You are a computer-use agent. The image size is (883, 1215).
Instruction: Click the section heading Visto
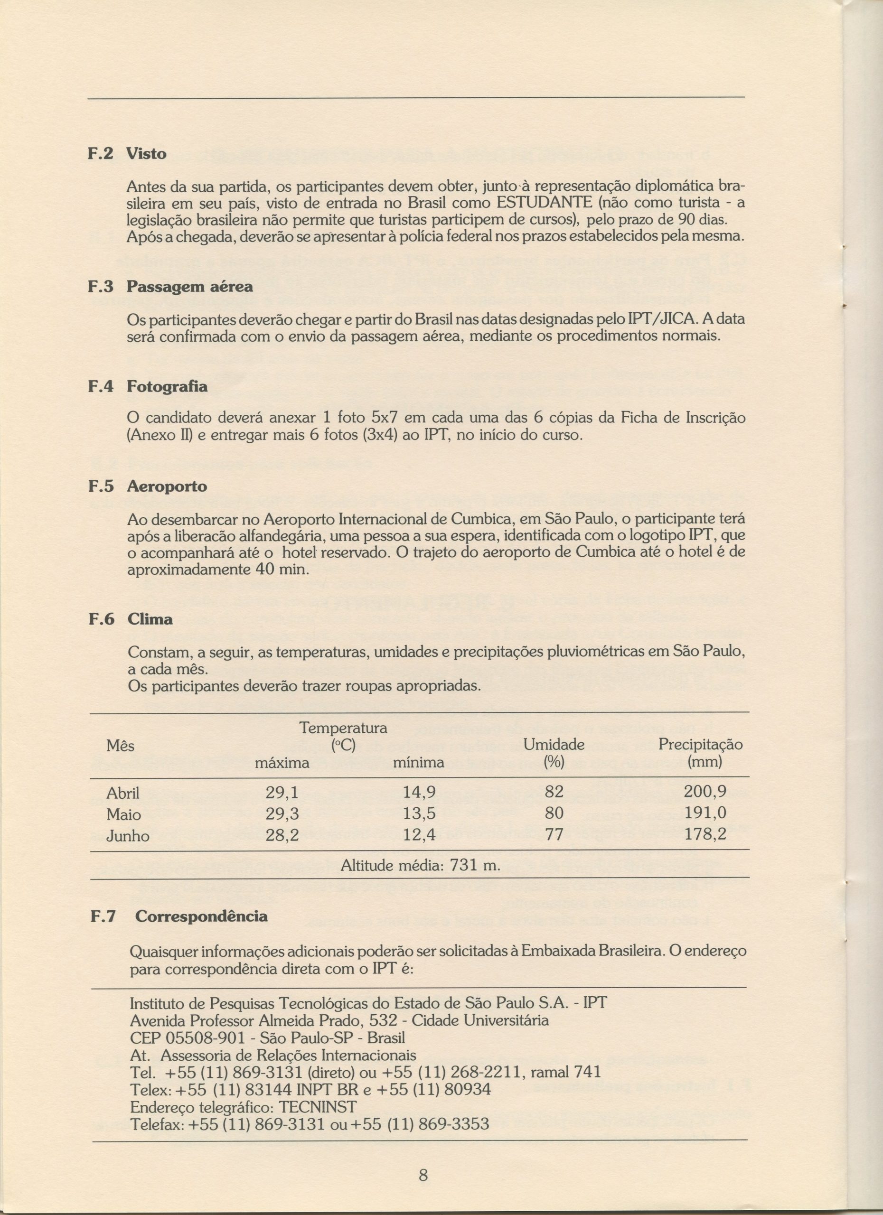(x=146, y=154)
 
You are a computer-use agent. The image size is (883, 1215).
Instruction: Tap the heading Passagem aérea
(x=190, y=287)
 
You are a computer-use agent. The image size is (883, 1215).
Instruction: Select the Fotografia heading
(x=167, y=386)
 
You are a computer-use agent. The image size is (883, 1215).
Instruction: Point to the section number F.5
(x=101, y=486)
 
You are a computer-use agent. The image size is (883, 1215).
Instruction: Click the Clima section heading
(x=150, y=619)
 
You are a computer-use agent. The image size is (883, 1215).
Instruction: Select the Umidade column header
(x=554, y=745)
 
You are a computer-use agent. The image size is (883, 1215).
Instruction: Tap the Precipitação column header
(x=700, y=745)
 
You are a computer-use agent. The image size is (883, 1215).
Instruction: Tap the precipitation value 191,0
(x=705, y=814)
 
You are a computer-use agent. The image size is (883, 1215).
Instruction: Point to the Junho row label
(x=128, y=836)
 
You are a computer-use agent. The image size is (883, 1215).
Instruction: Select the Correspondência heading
(x=201, y=916)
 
